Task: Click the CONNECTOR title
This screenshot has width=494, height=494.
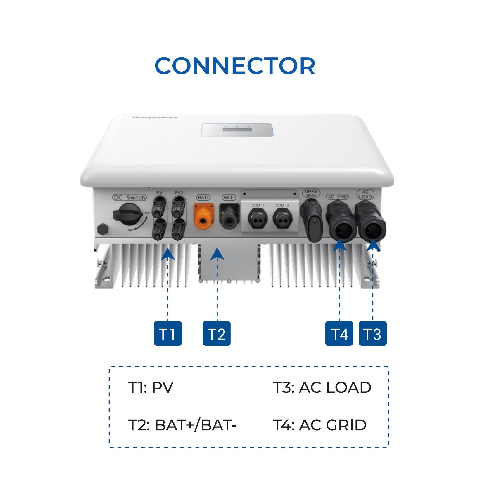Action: click(235, 66)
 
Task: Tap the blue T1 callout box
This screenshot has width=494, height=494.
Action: click(168, 333)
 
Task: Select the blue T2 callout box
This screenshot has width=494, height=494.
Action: click(217, 333)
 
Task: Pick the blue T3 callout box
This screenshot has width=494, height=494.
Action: click(373, 333)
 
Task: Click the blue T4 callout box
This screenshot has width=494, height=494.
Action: click(339, 333)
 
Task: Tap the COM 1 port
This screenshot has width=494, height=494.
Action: click(258, 219)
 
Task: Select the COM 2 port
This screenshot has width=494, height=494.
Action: click(282, 219)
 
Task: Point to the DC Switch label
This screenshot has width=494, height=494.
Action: click(129, 198)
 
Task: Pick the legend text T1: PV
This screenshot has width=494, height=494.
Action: click(151, 387)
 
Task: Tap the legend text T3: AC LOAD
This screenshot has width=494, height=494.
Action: click(322, 387)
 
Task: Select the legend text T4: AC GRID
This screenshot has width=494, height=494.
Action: click(319, 425)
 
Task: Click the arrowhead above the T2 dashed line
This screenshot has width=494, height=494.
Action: click(217, 254)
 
